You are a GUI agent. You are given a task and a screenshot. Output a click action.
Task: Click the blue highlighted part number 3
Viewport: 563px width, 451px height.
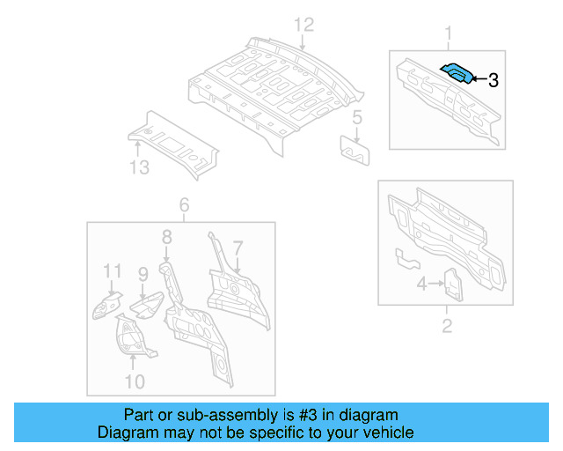[457, 73]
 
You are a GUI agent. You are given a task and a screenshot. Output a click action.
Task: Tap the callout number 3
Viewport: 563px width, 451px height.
[493, 80]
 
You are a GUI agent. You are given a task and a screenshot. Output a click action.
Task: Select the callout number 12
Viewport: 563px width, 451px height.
[303, 24]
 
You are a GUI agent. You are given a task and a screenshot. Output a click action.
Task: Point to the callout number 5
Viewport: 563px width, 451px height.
[357, 116]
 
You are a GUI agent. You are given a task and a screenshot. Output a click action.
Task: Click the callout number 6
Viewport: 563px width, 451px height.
[184, 205]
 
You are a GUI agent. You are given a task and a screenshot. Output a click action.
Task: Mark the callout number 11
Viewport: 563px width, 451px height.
[111, 270]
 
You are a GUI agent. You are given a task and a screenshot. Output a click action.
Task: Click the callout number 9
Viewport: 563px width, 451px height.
[142, 275]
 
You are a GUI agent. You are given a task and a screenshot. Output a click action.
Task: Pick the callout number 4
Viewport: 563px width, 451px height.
[421, 284]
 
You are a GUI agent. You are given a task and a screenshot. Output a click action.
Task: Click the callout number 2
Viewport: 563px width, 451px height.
[447, 327]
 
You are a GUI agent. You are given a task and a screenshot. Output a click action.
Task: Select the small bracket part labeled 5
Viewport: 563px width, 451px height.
[355, 150]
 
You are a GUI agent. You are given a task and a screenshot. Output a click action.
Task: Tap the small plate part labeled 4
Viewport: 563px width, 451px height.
[452, 284]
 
